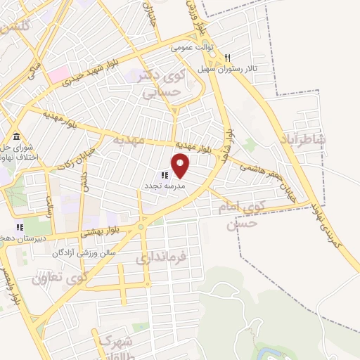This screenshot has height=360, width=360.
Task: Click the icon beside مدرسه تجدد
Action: click(165, 175)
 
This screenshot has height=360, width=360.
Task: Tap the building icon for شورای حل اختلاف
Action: click(16, 136)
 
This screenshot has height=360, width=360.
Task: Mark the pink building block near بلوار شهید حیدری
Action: click(58, 72)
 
